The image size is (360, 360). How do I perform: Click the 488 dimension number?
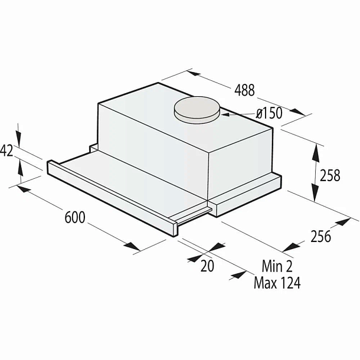coord(244,90)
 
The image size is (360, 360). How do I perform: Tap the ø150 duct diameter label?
coord(269,113)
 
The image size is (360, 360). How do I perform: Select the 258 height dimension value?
coord(330,175)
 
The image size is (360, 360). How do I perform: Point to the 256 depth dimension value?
coord(320,236)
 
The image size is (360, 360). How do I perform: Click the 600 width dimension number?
coord(75,217)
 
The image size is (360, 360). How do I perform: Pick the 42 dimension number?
coord(6,151)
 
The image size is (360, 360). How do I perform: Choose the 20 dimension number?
coord(207,266)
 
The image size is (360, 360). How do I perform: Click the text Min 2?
coord(277,266)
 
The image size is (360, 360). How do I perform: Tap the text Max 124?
coord(277,283)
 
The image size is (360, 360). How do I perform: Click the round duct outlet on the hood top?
coord(197,110)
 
